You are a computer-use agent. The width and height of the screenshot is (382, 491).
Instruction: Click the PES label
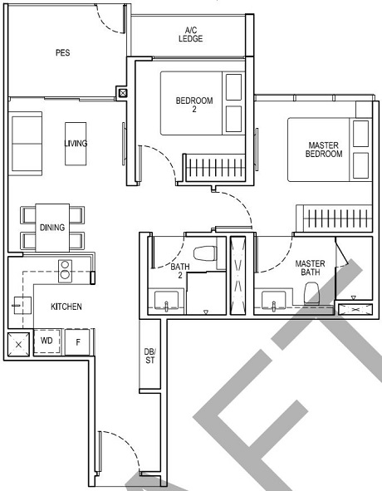62,52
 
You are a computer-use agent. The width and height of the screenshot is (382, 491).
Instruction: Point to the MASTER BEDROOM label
323,150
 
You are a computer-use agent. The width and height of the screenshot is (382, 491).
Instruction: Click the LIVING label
76,143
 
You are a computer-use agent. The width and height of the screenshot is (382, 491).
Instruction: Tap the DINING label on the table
52,227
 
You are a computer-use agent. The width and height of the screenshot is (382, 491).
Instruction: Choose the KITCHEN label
66,307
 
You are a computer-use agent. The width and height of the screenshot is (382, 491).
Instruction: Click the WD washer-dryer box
47,341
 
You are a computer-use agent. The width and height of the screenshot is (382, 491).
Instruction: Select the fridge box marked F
77,341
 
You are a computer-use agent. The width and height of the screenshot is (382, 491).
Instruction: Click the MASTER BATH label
310,268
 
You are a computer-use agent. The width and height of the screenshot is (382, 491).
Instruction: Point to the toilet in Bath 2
203,253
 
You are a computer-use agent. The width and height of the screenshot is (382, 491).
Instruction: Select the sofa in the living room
27,143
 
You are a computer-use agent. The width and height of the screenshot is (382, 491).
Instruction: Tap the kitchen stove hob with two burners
63,269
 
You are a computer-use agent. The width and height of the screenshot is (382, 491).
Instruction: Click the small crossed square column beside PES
123,93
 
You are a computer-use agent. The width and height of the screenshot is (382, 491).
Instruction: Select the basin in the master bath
270,301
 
